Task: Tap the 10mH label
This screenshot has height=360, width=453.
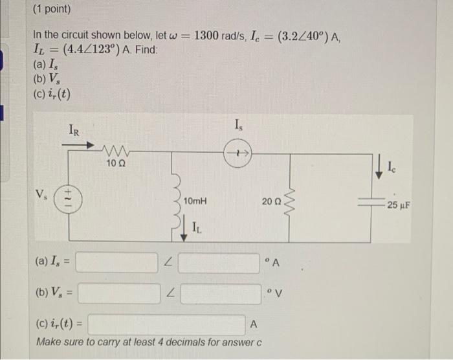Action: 196,202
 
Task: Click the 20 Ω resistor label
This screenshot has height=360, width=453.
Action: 272,203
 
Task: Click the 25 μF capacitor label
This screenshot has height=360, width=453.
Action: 399,207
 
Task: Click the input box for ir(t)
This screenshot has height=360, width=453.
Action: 166,324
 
